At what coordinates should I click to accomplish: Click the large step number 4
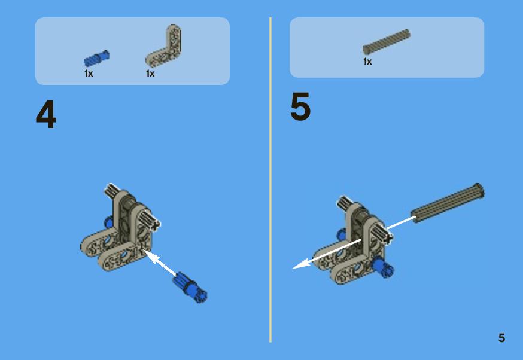click(x=46, y=114)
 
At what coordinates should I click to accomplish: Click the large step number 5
click(x=300, y=106)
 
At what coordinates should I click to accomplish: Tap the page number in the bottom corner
click(x=501, y=338)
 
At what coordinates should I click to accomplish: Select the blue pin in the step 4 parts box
click(x=96, y=58)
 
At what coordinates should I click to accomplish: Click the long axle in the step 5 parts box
click(x=387, y=42)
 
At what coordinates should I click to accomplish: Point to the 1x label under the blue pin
click(x=89, y=74)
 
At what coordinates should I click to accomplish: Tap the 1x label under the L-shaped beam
click(x=150, y=74)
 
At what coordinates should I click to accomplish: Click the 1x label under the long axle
click(x=367, y=62)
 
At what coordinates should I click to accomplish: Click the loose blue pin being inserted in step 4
click(x=190, y=287)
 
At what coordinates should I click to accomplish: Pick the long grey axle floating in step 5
click(x=447, y=203)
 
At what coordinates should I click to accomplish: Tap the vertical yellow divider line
click(x=270, y=180)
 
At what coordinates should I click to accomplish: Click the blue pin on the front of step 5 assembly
click(x=382, y=267)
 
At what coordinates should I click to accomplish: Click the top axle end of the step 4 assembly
click(x=111, y=190)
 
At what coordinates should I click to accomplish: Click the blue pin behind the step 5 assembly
click(x=342, y=234)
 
